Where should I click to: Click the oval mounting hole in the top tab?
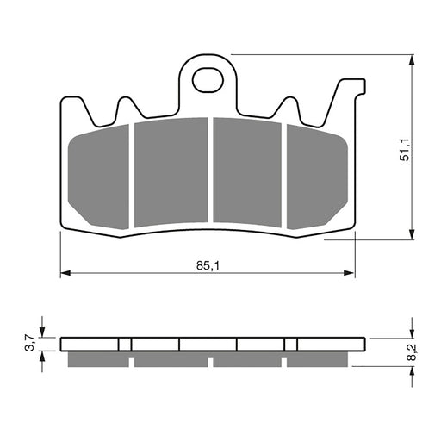(x=208, y=81)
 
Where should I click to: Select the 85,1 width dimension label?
(x=208, y=266)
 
